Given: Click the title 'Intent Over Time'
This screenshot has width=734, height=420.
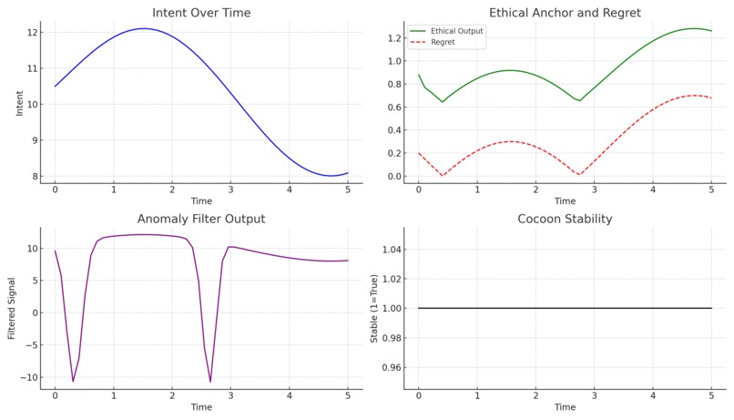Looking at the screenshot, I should click(201, 13).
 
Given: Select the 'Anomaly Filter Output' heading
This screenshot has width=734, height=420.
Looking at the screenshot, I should click(201, 219).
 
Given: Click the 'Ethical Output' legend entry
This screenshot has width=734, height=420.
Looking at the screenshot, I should click(455, 31).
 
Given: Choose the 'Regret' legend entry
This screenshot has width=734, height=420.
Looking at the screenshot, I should click(443, 42).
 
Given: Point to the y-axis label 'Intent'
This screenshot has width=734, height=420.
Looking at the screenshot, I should click(20, 103).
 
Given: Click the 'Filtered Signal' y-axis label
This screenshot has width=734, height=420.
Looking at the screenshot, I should click(12, 308).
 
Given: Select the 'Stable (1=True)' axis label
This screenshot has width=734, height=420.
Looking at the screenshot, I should click(373, 308).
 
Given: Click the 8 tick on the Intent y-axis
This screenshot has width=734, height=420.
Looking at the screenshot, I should click(35, 176).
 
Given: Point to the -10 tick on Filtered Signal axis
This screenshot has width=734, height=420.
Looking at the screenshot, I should click(28, 377).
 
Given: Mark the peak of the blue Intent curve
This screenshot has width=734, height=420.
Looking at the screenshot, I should click(143, 28).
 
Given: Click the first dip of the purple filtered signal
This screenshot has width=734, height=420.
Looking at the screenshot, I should click(73, 381).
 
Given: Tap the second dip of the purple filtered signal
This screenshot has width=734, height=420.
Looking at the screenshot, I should click(210, 381).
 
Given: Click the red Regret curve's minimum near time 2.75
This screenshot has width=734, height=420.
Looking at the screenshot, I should click(579, 174).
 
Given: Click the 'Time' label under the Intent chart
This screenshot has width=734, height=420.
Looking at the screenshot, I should click(201, 200).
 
